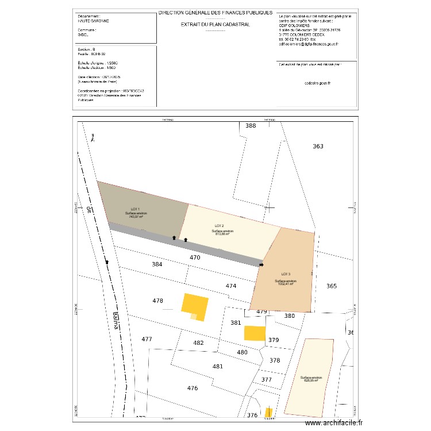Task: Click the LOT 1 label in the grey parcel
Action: (135, 209)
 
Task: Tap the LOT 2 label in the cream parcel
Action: (219, 225)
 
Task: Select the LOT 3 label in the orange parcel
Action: (286, 274)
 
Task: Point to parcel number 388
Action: (251, 125)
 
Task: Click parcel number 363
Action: (318, 147)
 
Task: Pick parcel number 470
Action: (195, 258)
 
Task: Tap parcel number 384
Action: (157, 264)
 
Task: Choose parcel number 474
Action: (231, 286)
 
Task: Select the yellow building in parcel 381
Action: (255, 333)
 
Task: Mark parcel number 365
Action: (332, 286)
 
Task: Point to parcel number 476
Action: (192, 388)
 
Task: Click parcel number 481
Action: (217, 367)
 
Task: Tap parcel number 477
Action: (147, 339)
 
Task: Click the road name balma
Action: (116, 321)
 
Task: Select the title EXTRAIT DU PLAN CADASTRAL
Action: (215, 25)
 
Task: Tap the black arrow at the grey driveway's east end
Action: (261, 265)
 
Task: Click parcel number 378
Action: (275, 360)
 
